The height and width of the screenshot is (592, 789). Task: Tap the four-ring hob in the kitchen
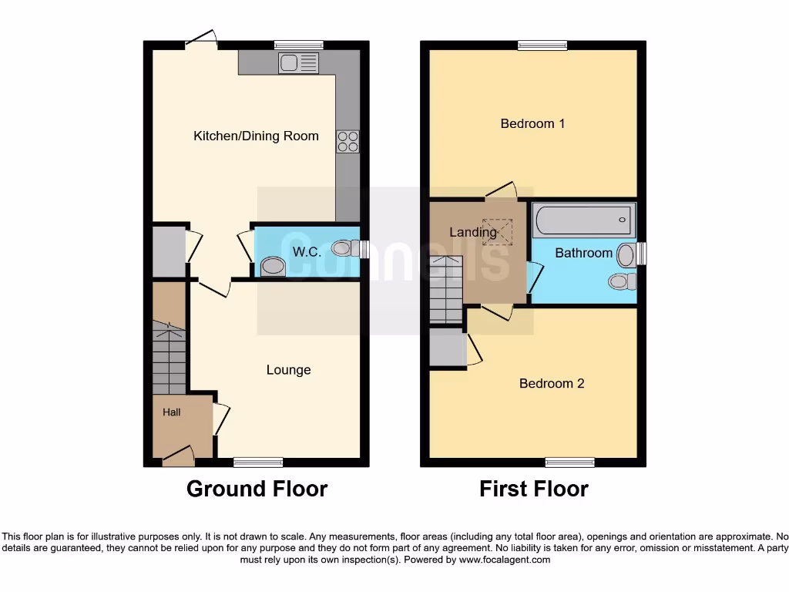(x=347, y=142)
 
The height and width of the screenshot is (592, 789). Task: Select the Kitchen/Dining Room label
(x=255, y=136)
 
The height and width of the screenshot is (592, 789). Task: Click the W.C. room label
(x=306, y=252)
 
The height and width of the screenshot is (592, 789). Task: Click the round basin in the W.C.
(x=272, y=267)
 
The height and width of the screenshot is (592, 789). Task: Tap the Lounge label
(x=288, y=370)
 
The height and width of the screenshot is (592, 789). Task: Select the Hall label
(x=171, y=412)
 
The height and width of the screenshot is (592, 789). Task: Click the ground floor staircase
(x=169, y=358)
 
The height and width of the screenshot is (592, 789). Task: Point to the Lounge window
(x=258, y=462)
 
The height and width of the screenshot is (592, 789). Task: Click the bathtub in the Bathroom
(x=585, y=220)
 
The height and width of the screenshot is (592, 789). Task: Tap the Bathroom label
(x=583, y=253)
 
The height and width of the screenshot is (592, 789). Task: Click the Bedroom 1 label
(x=532, y=123)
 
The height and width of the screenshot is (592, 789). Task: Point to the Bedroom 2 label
(x=551, y=383)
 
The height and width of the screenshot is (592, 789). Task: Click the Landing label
(x=472, y=232)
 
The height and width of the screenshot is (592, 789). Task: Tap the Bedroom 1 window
(x=542, y=45)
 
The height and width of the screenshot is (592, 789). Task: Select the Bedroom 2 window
(x=570, y=462)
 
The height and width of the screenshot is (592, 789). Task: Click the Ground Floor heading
(x=257, y=489)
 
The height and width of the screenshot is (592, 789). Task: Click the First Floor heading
(x=533, y=489)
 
